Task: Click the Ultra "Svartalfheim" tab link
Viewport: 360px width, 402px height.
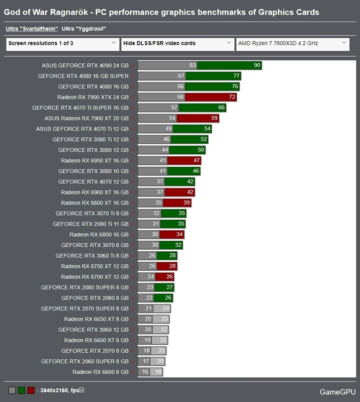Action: point(32,29)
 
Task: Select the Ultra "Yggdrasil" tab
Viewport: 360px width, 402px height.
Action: point(83,29)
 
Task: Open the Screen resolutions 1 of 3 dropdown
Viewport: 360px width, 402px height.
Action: point(63,44)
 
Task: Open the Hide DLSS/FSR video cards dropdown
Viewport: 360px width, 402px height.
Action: point(177,44)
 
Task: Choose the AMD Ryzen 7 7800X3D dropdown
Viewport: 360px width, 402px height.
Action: point(293,44)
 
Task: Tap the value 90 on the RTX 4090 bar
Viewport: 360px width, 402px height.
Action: point(257,65)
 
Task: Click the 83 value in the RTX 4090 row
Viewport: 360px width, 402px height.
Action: point(193,65)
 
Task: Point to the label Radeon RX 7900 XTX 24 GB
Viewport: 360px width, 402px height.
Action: point(93,97)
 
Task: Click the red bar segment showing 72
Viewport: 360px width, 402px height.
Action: point(211,97)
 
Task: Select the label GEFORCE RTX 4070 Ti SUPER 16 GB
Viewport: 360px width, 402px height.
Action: point(80,108)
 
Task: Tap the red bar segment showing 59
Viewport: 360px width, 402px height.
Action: point(198,118)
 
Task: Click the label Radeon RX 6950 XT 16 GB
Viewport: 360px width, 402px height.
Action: point(95,160)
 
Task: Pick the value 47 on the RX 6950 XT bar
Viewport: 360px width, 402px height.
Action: point(197,160)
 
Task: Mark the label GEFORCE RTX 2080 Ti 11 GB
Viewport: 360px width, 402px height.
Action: point(91,224)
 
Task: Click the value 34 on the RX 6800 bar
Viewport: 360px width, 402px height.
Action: point(179,234)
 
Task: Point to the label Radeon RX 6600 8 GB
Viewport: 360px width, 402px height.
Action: point(101,372)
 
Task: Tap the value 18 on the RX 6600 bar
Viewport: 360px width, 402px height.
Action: point(158,371)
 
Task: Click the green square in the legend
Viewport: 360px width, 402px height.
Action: point(22,390)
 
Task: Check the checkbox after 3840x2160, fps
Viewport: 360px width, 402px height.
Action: point(81,390)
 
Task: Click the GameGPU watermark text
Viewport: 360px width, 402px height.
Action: point(338,392)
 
